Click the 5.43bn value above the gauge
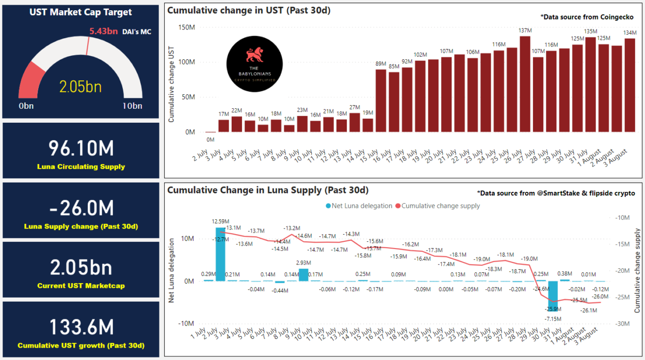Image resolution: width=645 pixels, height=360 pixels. coord(103,31)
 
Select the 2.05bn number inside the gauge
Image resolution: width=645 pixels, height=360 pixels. coord(80,87)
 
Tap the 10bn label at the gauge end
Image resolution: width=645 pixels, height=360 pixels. coord(132,106)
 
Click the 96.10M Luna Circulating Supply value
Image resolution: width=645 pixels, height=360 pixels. coord(81,149)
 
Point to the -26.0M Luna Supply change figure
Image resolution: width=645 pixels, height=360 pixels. coord(81,208)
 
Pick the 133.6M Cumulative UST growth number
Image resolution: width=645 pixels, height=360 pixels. coord(81,328)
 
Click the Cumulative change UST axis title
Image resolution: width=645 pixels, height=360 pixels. coord(172,84)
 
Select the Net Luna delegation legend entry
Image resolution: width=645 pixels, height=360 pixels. coord(359,206)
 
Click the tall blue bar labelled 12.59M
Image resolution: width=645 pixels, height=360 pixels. coord(220,254)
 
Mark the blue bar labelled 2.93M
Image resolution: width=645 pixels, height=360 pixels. coord(303,275)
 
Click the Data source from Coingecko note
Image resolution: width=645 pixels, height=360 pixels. coord(587,17)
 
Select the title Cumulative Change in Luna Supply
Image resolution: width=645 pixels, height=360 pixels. coord(268,190)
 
